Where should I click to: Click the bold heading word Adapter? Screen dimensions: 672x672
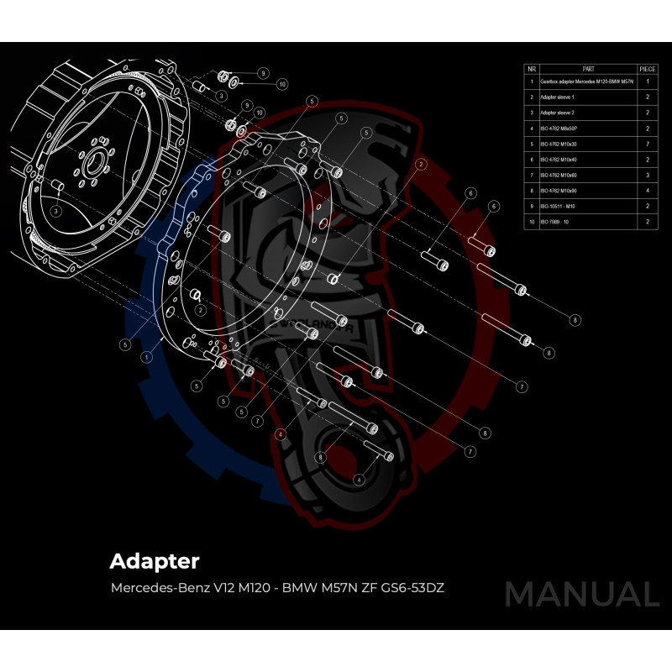click(155, 560)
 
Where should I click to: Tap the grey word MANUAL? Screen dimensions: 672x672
click(581, 595)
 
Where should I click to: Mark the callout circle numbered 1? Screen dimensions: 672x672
click(146, 356)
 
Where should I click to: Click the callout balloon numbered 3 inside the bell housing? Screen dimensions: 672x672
click(55, 211)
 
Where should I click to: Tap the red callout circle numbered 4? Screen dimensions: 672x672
click(281, 433)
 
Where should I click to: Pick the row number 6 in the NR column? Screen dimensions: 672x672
click(532, 160)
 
